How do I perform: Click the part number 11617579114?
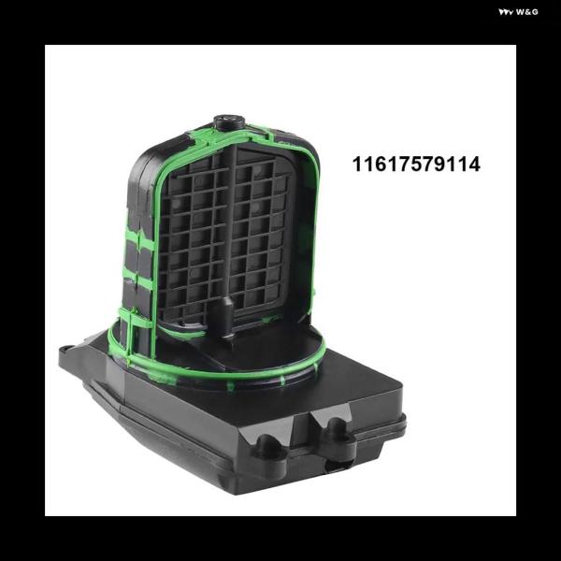(x=416, y=165)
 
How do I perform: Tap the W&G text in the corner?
(x=527, y=12)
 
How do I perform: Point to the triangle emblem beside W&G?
(x=506, y=12)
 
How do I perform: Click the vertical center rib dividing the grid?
(x=233, y=229)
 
